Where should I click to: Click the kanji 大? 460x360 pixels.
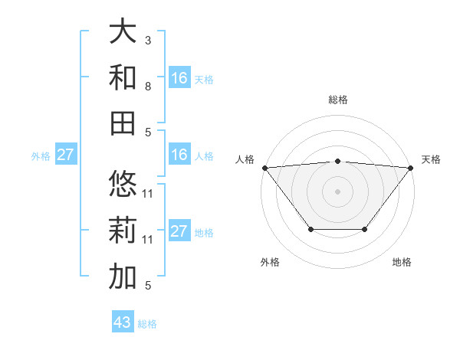coord(123,32)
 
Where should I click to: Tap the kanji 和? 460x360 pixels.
coord(123,77)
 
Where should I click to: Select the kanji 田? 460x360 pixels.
coord(123,123)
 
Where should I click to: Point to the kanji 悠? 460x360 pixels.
coord(123,185)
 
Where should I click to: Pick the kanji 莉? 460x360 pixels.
coord(123,231)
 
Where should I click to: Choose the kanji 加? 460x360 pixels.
coord(123,277)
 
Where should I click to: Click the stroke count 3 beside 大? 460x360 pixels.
coord(148,39)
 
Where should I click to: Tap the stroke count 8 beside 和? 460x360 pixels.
coord(148,86)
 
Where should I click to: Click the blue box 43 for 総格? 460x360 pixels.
coord(123,322)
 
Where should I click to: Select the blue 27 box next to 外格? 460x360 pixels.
coord(65,155)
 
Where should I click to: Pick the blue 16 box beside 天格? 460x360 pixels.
coord(179,78)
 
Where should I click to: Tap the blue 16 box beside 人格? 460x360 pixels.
coord(179,155)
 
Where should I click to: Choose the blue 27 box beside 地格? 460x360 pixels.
coord(179,231)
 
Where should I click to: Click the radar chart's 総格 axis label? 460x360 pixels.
coord(338,100)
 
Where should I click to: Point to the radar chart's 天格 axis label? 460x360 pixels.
coord(431,159)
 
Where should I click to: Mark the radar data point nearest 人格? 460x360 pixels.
coord(264,167)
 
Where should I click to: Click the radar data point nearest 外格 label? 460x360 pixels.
coord(310,229)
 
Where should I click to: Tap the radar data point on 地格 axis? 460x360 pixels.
coord(365,229)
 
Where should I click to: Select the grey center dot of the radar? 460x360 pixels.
coord(338,191)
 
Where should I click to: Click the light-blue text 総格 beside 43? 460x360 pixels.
coord(147,324)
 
